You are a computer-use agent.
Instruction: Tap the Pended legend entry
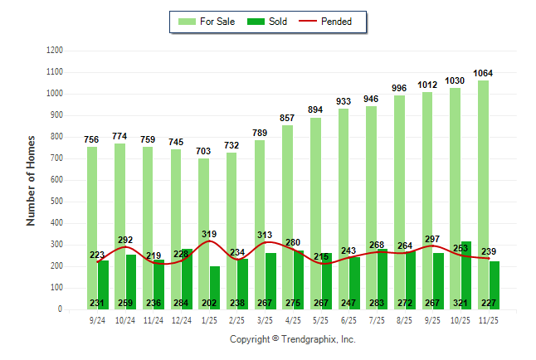335,22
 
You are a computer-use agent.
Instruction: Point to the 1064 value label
484,73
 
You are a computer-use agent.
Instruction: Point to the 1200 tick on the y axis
55,51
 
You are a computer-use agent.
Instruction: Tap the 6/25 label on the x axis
348,319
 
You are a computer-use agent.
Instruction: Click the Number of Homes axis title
31,180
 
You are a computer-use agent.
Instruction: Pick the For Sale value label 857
287,118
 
